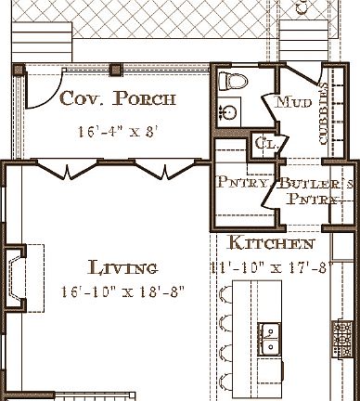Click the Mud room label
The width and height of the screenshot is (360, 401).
(294, 101)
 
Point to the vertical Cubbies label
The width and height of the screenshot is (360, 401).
(324, 112)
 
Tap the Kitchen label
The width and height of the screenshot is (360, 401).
(271, 244)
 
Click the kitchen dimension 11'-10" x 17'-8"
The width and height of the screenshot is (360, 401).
(270, 269)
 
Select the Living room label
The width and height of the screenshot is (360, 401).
(122, 268)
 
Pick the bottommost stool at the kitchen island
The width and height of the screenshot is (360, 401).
(225, 380)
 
